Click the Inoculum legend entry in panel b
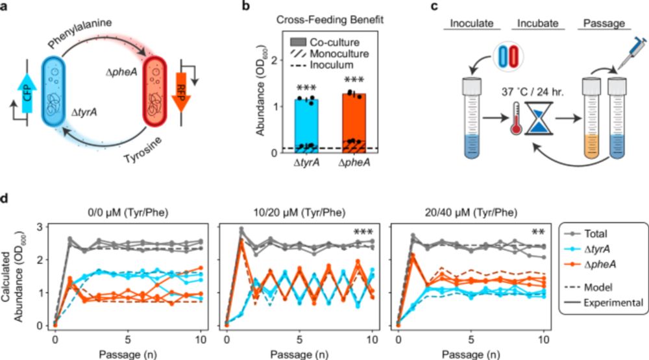[x=326, y=66]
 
